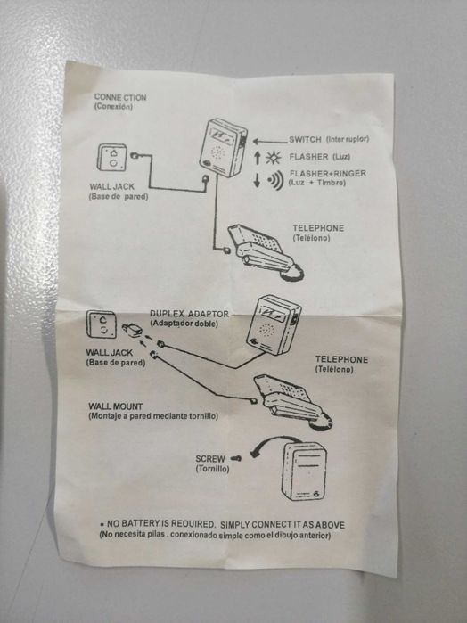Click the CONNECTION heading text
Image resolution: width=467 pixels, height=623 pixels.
pos(120,97)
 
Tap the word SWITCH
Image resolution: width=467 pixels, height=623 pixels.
pos(305,139)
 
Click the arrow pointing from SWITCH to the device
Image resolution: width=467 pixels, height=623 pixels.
pos(270,141)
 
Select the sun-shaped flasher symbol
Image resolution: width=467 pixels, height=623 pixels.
pos(273,158)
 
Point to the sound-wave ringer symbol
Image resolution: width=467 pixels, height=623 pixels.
pos(275,180)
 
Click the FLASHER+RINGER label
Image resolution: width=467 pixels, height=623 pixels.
pos(328,173)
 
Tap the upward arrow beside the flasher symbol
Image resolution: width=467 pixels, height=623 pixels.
pos(258,158)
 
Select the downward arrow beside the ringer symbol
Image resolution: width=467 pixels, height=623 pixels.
pos(258,181)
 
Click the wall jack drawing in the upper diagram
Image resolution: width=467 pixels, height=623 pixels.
pos(112,158)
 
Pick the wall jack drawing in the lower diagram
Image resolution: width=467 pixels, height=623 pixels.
pos(102,324)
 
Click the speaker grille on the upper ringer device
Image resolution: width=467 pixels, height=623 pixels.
pos(217,152)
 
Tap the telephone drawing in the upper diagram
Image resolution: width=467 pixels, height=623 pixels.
pos(266,253)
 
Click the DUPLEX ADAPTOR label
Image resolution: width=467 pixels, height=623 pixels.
pos(189,314)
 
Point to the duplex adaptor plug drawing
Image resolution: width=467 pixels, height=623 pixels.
pos(132,329)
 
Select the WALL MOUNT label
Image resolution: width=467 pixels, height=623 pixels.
pos(115,406)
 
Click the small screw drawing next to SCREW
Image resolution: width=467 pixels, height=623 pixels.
pos(236,458)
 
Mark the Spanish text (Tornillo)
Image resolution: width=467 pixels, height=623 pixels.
pos(212,469)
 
